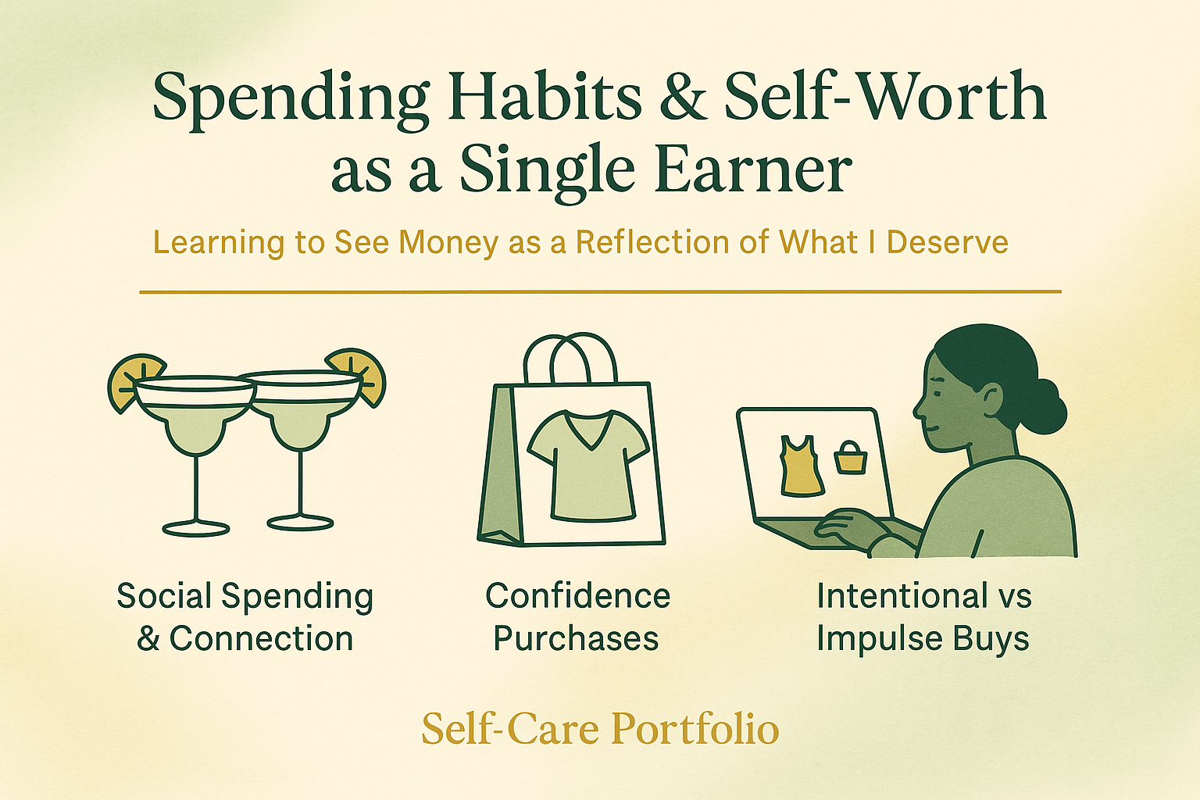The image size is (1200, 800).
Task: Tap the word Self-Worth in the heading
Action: [x=884, y=98]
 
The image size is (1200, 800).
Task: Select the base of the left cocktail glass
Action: [x=196, y=527]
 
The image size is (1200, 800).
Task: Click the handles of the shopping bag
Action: [x=570, y=358]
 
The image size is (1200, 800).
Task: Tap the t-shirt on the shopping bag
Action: [x=587, y=466]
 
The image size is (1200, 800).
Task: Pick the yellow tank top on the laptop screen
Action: [x=801, y=466]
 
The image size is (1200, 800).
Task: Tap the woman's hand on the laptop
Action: [x=848, y=528]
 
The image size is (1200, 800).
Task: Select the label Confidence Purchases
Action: [x=577, y=617]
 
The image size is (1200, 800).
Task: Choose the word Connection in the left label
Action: [x=261, y=639]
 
